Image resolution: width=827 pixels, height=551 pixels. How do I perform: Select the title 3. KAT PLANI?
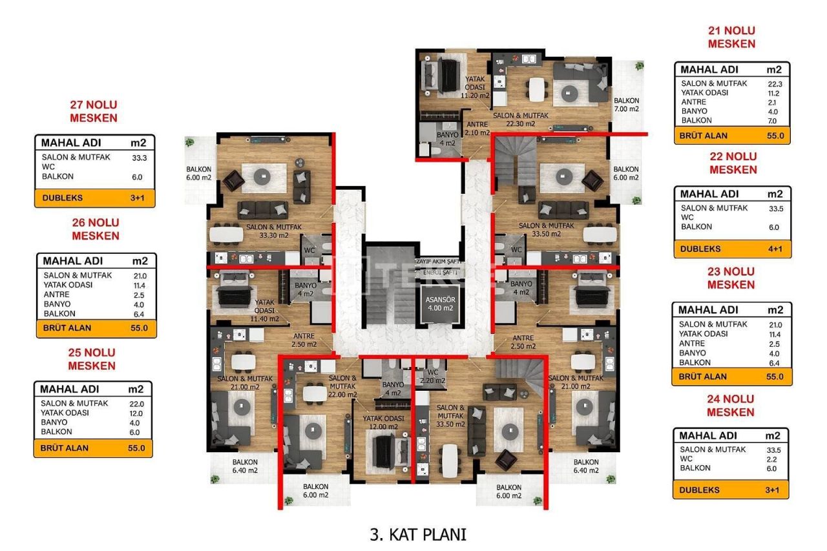(x=418, y=534)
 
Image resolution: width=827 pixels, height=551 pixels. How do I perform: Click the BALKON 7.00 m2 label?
(x=626, y=105)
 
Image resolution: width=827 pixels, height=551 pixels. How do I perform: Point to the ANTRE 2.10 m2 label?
(x=477, y=129)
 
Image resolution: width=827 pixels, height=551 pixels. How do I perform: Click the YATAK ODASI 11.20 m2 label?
(x=475, y=87)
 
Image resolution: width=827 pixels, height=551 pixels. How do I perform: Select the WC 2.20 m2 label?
(x=432, y=377)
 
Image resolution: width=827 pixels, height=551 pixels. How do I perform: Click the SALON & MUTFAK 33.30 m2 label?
(x=273, y=231)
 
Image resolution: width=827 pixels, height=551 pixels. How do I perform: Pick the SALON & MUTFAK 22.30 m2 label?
(x=521, y=120)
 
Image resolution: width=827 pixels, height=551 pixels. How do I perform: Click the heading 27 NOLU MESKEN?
(x=94, y=111)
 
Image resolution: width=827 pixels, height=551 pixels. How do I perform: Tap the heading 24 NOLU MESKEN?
(x=731, y=406)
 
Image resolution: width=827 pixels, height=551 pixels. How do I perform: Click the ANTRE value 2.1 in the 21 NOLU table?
(x=773, y=102)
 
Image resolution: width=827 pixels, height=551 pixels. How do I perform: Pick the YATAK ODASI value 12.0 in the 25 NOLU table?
(x=136, y=413)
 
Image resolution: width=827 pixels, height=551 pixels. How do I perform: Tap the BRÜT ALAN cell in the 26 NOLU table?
(x=67, y=327)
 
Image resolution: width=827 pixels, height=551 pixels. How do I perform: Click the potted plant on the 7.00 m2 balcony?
(x=638, y=66)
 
